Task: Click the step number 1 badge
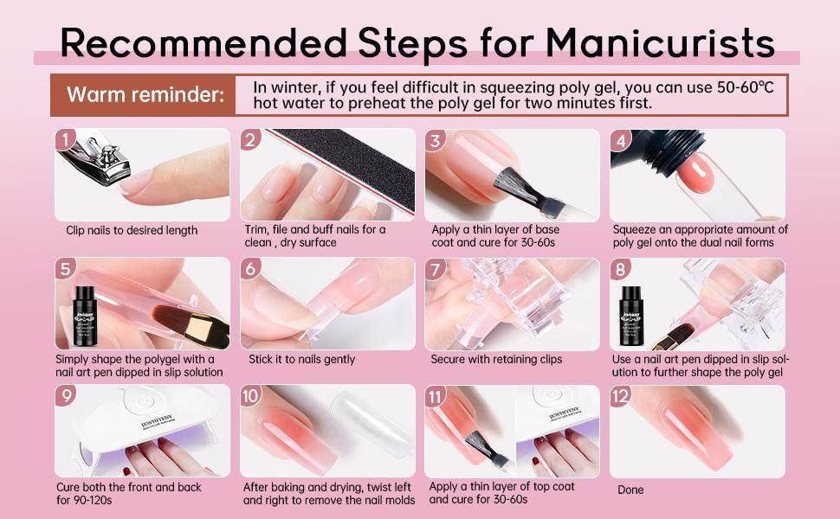pyautogui.click(x=65, y=140)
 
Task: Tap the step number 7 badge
pyautogui.click(x=435, y=269)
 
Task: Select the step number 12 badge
pyautogui.click(x=620, y=396)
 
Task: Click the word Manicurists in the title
pyautogui.click(x=660, y=42)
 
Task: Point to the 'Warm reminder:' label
pyautogui.click(x=145, y=94)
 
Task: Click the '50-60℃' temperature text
pyautogui.click(x=746, y=87)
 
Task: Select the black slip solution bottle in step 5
pyautogui.click(x=85, y=316)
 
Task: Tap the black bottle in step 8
pyautogui.click(x=631, y=316)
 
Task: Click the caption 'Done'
pyautogui.click(x=630, y=490)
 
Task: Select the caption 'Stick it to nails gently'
pyautogui.click(x=301, y=360)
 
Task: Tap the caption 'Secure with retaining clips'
pyautogui.click(x=496, y=360)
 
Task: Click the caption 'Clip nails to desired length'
pyautogui.click(x=132, y=231)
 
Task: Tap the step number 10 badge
pyautogui.click(x=250, y=396)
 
